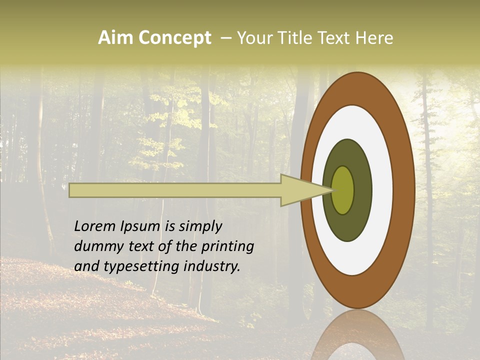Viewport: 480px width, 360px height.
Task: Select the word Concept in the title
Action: point(175,38)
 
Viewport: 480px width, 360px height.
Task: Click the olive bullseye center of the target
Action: point(343,190)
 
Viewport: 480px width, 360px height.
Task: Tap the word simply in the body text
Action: point(200,227)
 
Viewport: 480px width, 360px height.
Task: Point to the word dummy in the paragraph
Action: point(96,246)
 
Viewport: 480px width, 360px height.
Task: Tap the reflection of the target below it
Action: point(357,335)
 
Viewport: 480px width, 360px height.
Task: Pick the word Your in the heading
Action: point(252,38)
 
